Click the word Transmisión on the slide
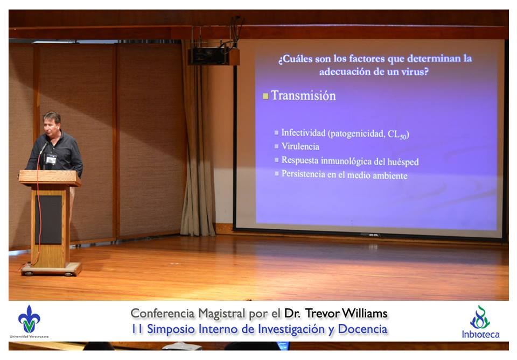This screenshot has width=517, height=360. [303, 96]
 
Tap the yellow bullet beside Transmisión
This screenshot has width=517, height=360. [266, 96]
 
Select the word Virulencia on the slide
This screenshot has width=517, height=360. [300, 146]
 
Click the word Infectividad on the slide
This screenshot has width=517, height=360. [303, 132]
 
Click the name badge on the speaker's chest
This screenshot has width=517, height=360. [51, 159]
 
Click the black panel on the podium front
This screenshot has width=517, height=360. [48, 220]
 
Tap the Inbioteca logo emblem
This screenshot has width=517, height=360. [480, 317]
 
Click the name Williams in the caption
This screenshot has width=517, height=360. [365, 313]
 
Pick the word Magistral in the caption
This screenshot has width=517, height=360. [222, 314]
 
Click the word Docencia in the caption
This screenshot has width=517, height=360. [362, 329]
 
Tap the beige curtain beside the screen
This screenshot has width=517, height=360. [197, 138]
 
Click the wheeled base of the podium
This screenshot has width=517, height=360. [51, 269]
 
